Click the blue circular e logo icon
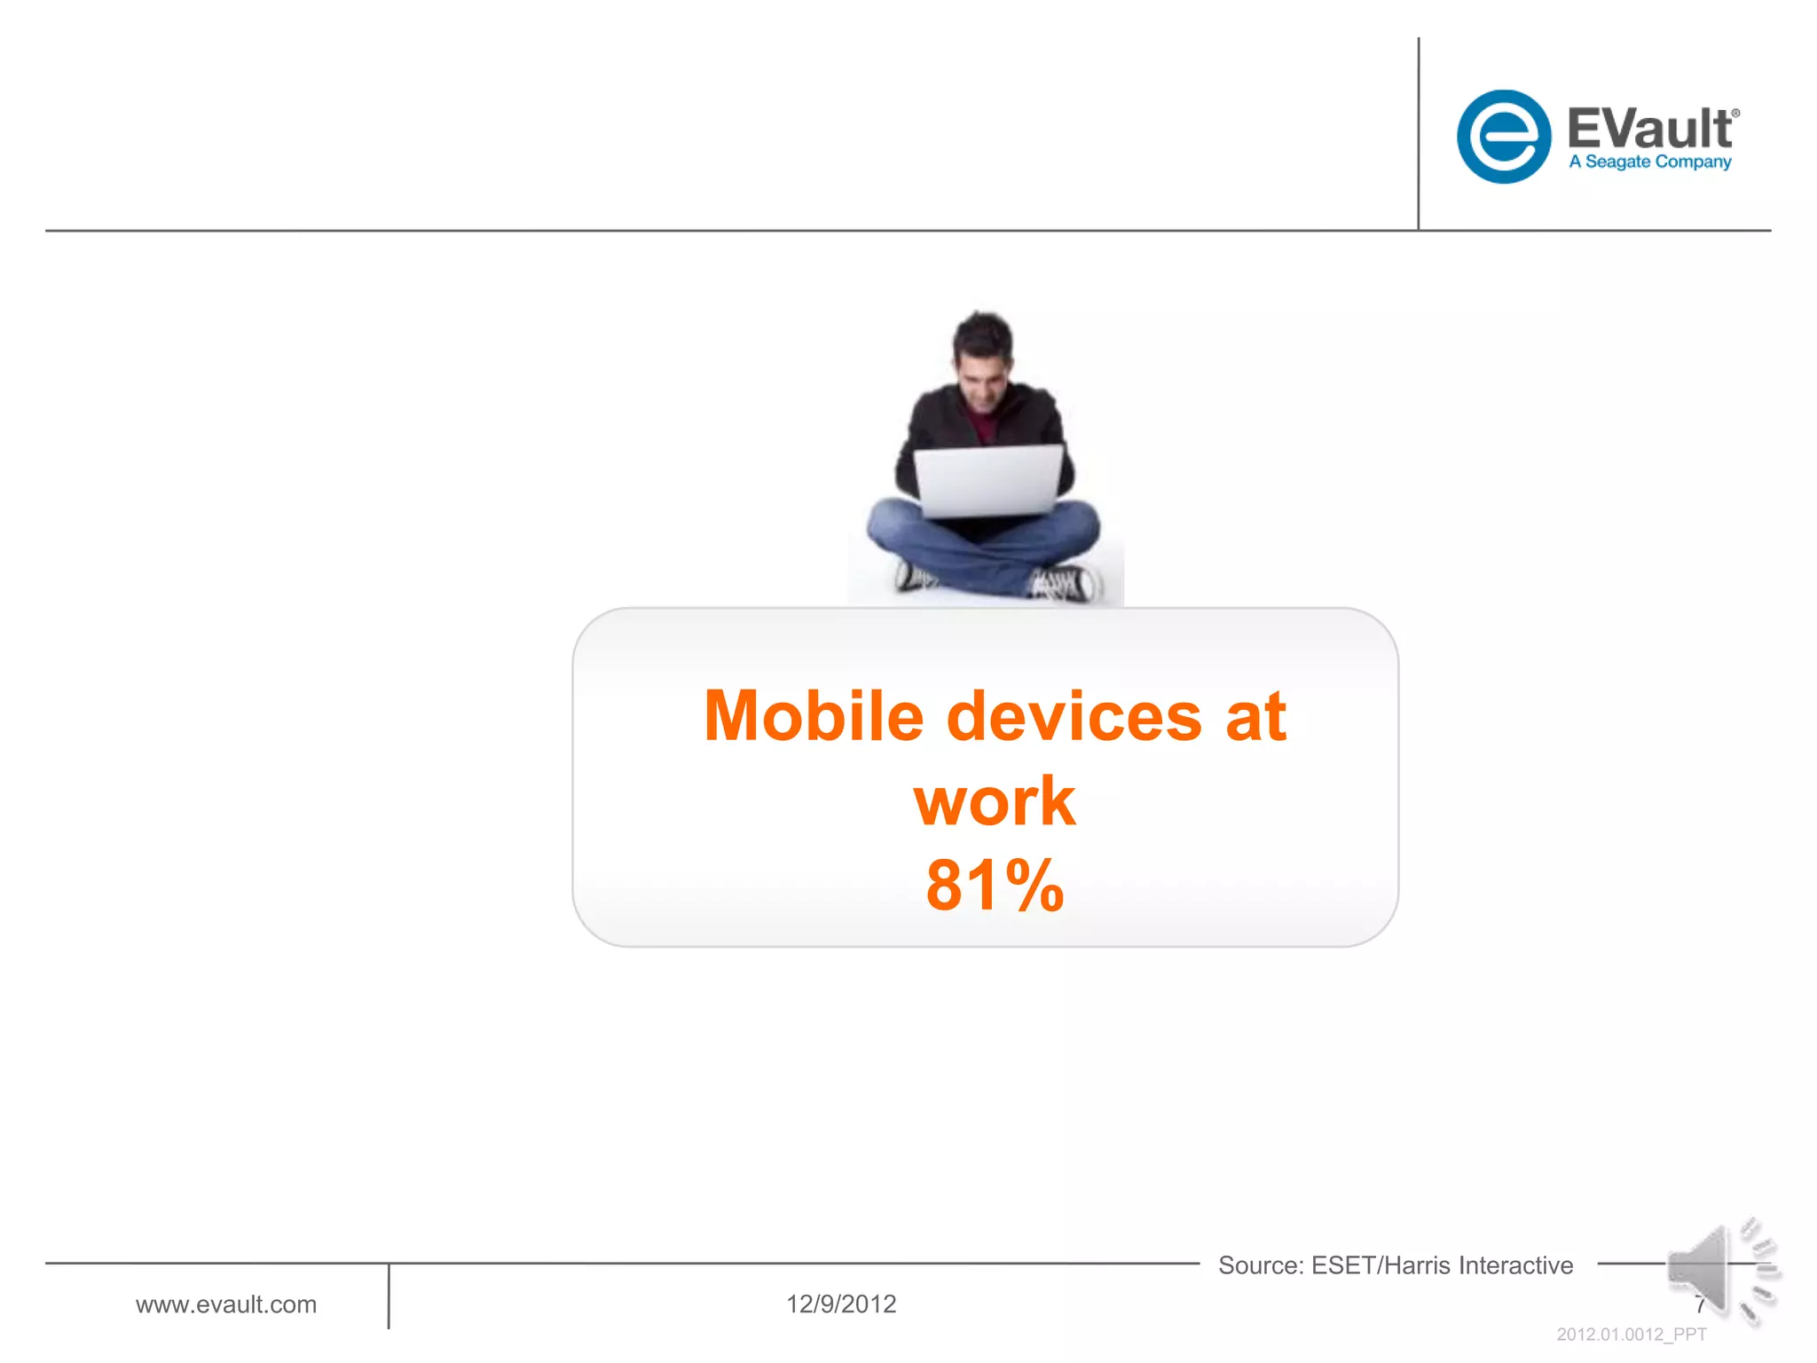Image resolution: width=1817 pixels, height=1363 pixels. (x=1503, y=137)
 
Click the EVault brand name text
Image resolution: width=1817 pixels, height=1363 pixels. (x=1648, y=129)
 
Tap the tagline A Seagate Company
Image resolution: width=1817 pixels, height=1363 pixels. (x=1649, y=162)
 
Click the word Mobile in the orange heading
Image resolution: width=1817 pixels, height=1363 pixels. (x=814, y=716)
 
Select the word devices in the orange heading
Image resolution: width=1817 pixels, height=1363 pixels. (x=1074, y=716)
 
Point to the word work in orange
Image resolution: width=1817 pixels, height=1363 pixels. (x=994, y=801)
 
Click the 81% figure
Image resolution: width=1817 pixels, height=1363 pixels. (x=994, y=886)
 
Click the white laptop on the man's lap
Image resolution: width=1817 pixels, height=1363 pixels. (x=987, y=480)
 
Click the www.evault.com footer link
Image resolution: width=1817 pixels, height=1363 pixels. (x=226, y=1304)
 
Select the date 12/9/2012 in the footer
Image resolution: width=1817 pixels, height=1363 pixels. (x=841, y=1304)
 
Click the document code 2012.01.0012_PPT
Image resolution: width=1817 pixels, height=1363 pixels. (x=1631, y=1335)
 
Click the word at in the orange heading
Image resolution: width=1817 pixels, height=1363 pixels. (x=1255, y=716)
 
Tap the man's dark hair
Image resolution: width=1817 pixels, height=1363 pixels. (x=982, y=333)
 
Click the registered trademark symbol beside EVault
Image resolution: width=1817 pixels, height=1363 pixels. (x=1735, y=114)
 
